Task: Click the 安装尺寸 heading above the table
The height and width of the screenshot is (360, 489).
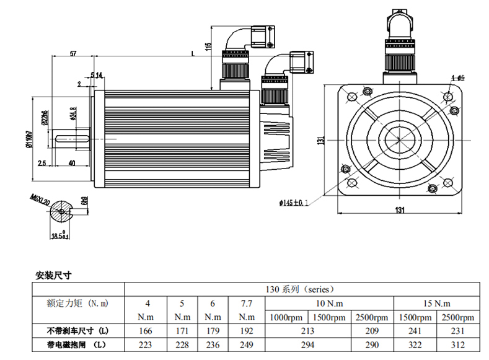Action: pos(55,274)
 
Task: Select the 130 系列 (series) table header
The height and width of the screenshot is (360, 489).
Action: pos(299,289)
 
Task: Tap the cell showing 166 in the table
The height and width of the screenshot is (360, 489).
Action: pos(148,331)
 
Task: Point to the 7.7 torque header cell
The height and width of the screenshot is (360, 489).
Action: pos(246,304)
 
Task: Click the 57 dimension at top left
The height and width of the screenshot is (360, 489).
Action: pos(73,55)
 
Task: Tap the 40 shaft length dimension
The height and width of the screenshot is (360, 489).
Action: pos(72,163)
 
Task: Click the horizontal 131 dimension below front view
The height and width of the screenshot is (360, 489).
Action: pos(400,209)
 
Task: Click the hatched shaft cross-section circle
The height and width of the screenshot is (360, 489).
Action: pos(63,211)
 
